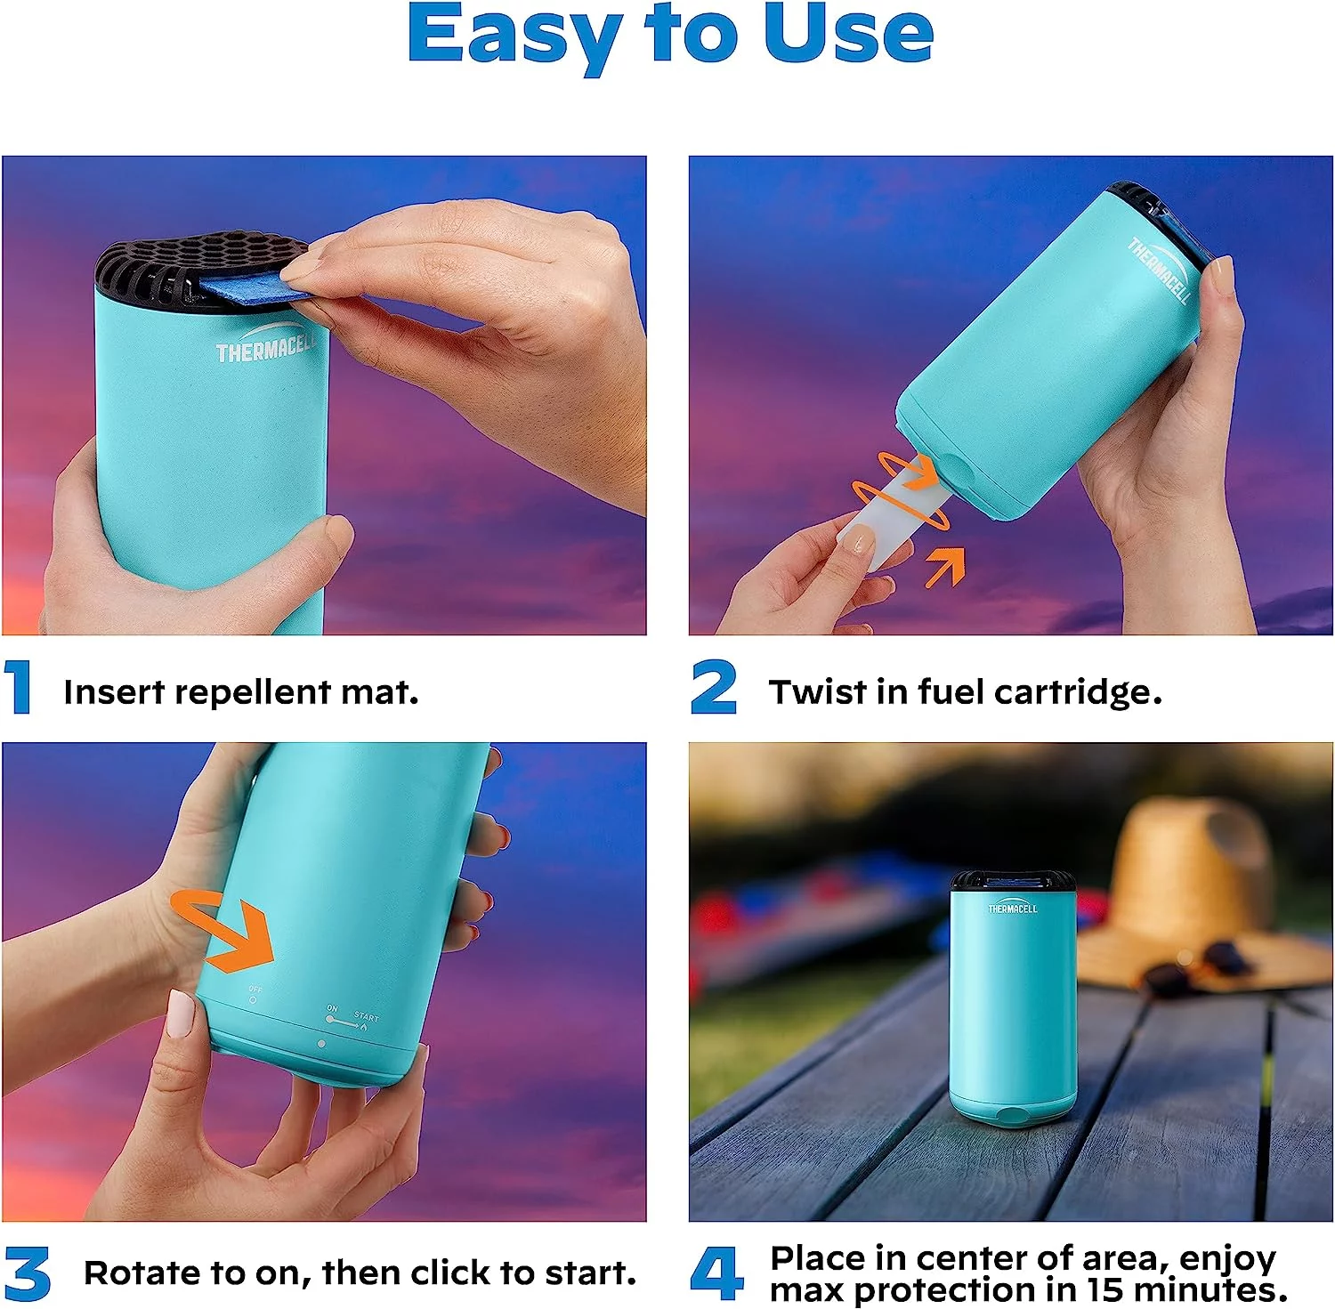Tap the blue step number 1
click(18, 687)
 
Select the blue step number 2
click(714, 687)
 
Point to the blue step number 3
click(27, 1273)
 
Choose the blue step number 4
click(716, 1273)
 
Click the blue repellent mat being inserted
click(252, 289)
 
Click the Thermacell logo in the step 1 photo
click(265, 345)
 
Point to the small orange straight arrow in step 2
click(945, 567)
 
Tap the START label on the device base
click(366, 1016)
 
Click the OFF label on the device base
click(255, 990)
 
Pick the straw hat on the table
click(1193, 890)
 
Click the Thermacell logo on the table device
click(1012, 908)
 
